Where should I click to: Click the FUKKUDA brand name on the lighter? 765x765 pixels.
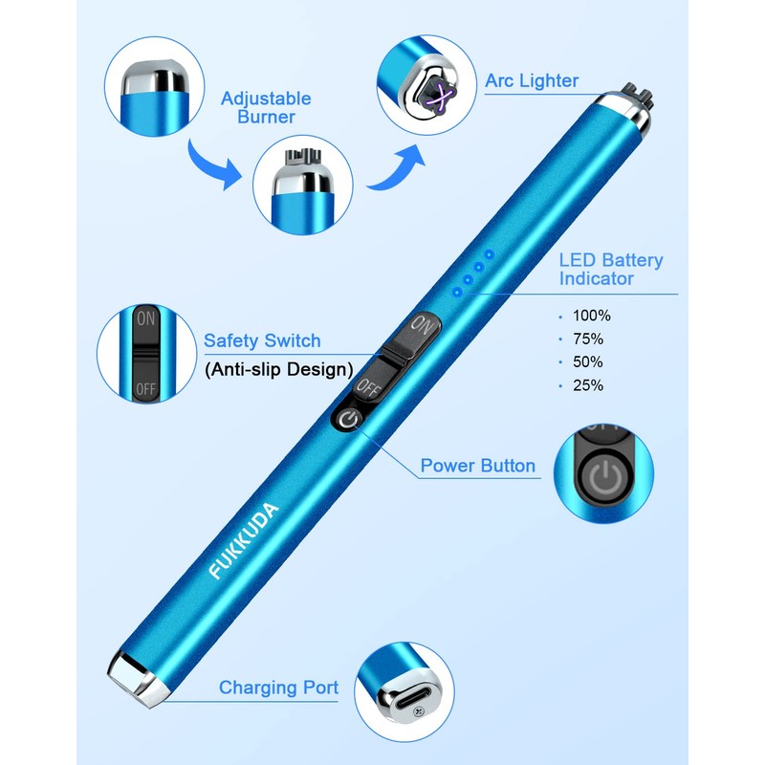click(244, 539)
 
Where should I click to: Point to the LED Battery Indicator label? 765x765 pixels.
click(611, 269)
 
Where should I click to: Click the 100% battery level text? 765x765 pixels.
click(591, 316)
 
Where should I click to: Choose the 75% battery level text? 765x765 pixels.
click(587, 339)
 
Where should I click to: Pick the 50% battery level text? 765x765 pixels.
click(587, 362)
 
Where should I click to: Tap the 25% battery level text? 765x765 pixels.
click(587, 385)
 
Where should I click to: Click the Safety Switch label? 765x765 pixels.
click(261, 341)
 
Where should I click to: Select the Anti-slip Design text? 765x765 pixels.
click(278, 368)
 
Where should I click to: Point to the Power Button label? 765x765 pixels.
click(477, 467)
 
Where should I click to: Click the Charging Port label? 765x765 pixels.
click(278, 688)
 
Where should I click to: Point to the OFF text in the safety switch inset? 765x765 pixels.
click(145, 389)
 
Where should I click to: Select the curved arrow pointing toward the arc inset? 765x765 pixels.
click(394, 164)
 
